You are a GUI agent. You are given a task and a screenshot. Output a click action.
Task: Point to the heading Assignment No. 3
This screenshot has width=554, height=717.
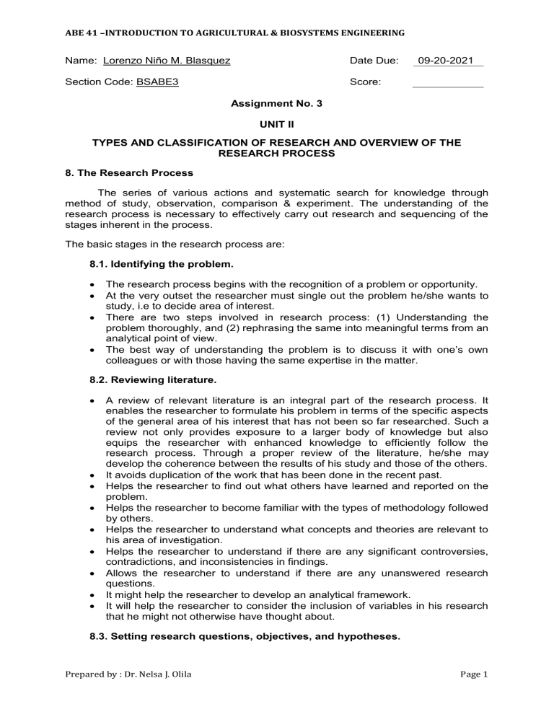tap(276, 103)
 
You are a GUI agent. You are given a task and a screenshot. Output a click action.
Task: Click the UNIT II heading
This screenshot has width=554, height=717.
tap(276, 124)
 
